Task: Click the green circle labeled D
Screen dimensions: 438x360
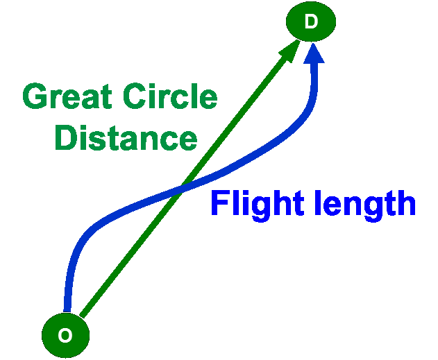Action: pyautogui.click(x=311, y=22)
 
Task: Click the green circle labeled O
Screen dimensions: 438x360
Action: pyautogui.click(x=66, y=335)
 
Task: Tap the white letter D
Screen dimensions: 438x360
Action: pyautogui.click(x=311, y=22)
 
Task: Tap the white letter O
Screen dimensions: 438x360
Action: pyautogui.click(x=65, y=335)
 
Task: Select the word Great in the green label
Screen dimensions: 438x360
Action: pyautogui.click(x=67, y=96)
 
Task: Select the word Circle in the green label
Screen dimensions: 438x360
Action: pyautogui.click(x=170, y=96)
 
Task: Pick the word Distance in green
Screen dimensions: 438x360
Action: pyautogui.click(x=126, y=137)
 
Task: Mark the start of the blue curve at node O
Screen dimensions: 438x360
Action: pyautogui.click(x=67, y=311)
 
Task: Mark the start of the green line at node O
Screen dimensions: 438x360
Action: pyautogui.click(x=82, y=316)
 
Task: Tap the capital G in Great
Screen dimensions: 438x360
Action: pyautogui.click(x=35, y=96)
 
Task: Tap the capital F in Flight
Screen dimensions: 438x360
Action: pyautogui.click(x=221, y=203)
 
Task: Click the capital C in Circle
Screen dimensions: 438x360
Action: pyautogui.click(x=135, y=96)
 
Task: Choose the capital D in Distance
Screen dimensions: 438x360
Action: pyautogui.click(x=66, y=137)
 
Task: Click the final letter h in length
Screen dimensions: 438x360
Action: pyautogui.click(x=407, y=203)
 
